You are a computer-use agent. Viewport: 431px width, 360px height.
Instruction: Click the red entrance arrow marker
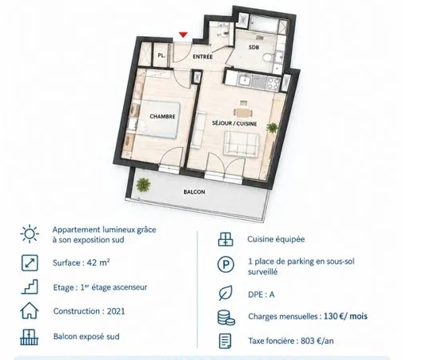point(183,34)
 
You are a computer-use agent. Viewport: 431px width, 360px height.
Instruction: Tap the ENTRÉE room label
point(203,57)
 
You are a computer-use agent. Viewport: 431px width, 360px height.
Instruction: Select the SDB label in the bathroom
point(253,47)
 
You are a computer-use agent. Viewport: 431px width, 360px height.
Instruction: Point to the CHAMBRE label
point(162,116)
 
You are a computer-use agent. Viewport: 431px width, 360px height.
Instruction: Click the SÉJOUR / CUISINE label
point(234,123)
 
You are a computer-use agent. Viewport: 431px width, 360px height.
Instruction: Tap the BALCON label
point(194,192)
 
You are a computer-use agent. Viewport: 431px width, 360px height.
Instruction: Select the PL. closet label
point(162,55)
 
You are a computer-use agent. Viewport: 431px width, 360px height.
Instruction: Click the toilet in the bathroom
point(269,58)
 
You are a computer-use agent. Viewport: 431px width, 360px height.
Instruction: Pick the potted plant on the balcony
point(143,184)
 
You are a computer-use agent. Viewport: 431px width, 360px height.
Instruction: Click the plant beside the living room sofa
point(272,128)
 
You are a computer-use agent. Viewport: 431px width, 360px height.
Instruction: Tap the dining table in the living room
point(243,112)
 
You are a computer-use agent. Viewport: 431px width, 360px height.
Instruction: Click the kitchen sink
point(244,81)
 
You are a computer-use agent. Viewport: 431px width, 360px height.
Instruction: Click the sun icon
point(30,234)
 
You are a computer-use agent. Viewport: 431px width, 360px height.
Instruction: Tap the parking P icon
point(226,265)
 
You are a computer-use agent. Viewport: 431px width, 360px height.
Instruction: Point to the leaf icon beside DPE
point(225,293)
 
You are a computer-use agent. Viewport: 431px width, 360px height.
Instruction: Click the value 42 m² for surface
point(98,262)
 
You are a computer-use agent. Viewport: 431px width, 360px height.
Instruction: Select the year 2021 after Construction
point(116,311)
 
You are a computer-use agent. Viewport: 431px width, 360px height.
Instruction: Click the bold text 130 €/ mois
point(345,316)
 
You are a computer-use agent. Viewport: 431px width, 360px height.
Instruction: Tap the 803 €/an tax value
point(317,341)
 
